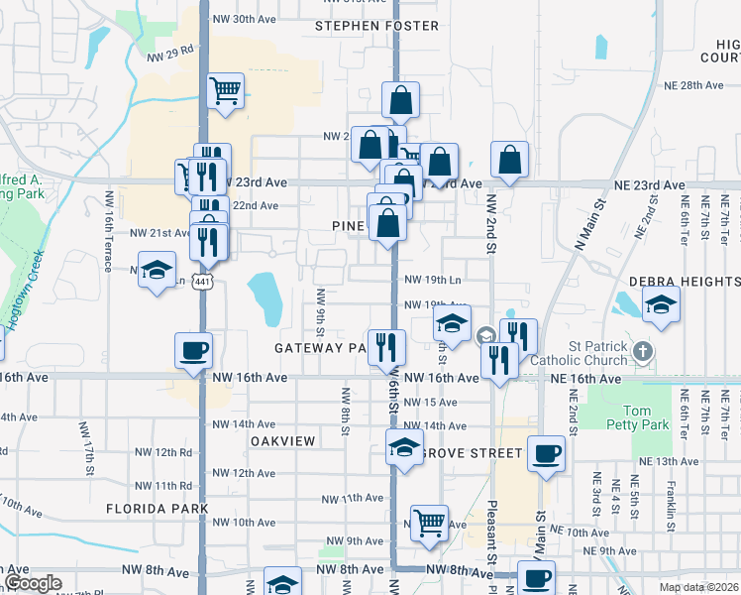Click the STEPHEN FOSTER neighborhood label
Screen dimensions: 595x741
[376, 26]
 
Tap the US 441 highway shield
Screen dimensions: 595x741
[202, 283]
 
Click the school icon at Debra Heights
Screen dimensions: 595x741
[661, 303]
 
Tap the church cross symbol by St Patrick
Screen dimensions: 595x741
[643, 351]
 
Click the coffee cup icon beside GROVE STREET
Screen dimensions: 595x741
[546, 453]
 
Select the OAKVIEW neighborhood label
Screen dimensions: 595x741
[282, 440]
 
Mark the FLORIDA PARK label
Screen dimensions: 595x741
[158, 508]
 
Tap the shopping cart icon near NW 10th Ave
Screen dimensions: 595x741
[429, 521]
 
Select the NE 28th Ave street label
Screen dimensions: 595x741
[695, 85]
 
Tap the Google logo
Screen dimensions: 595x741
[34, 583]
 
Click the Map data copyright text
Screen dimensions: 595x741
[697, 586]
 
